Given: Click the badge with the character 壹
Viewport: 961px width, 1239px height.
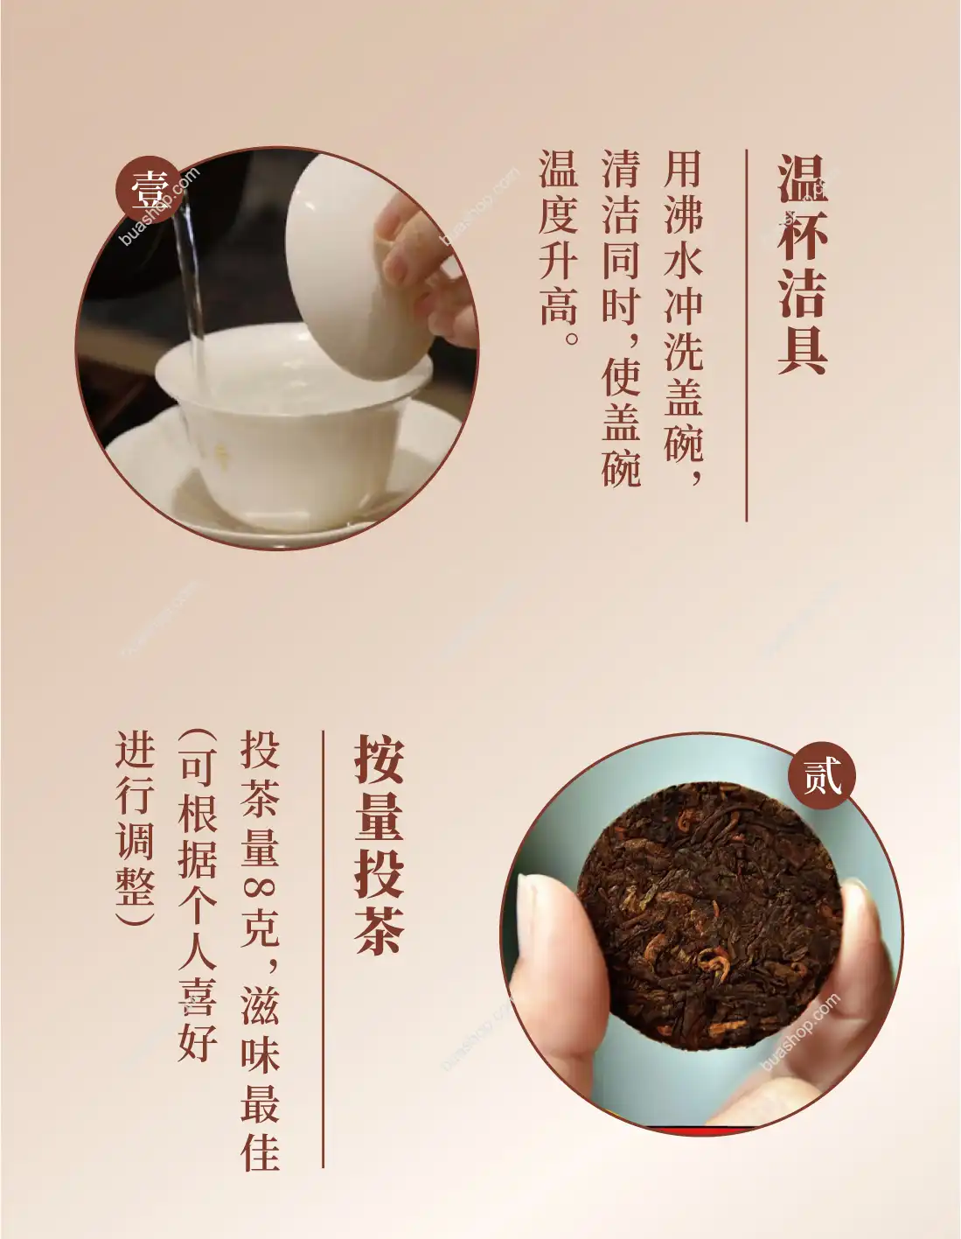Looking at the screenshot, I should (x=149, y=189).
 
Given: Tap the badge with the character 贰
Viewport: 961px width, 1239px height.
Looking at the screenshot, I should (x=821, y=775).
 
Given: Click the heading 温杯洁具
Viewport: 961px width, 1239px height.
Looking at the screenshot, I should (x=802, y=263).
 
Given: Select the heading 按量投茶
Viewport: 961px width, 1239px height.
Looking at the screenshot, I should (x=379, y=844).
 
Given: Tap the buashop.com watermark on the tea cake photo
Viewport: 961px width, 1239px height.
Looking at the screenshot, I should (x=799, y=1032).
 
